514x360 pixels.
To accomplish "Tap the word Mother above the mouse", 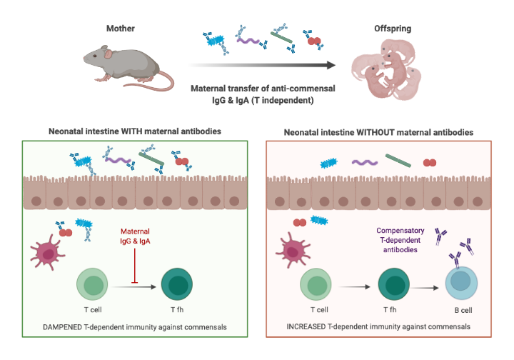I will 121,28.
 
